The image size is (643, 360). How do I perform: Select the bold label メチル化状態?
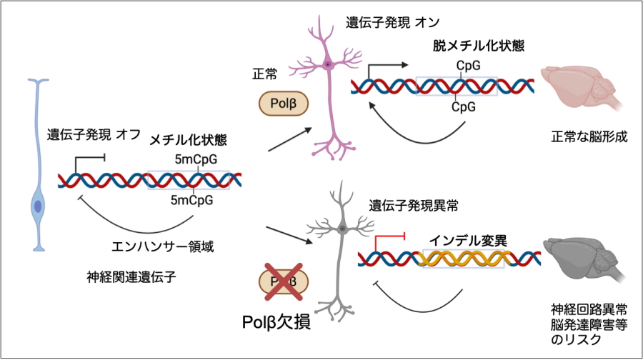pyautogui.click(x=191, y=140)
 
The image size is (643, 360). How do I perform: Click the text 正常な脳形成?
pyautogui.click(x=589, y=136)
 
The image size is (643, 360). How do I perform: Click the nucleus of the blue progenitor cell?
pyautogui.click(x=37, y=206)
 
